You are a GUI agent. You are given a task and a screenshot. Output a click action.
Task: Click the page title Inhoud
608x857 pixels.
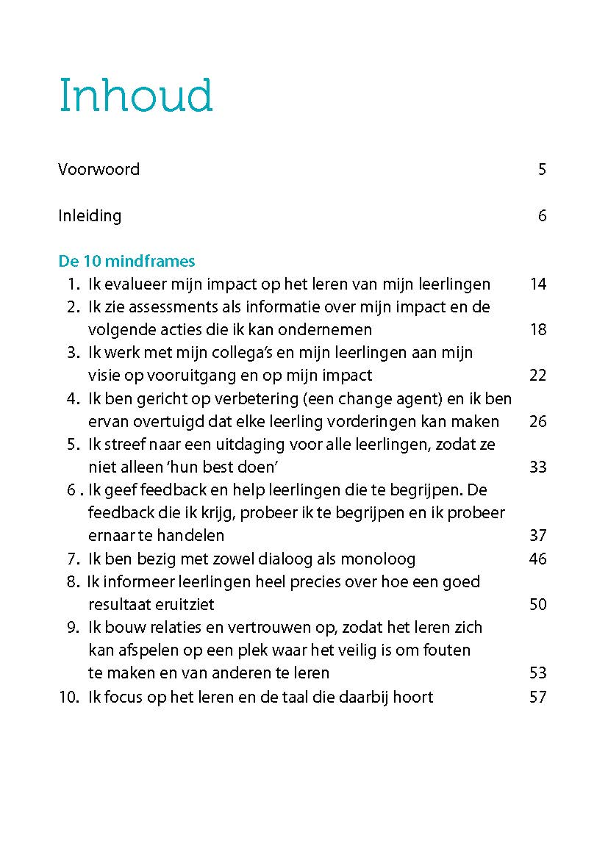pos(136,95)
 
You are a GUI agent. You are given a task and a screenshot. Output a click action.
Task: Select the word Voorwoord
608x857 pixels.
pos(99,170)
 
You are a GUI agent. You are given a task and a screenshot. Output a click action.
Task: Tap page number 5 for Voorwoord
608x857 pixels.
pos(542,170)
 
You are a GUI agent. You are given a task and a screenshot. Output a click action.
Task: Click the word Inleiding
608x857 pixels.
pos(90,216)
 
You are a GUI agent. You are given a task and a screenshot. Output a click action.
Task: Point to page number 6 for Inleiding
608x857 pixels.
pos(542,216)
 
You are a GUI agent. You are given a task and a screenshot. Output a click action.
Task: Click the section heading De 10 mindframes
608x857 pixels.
pos(126,262)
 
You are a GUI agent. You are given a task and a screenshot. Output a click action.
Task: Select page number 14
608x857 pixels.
pos(538,284)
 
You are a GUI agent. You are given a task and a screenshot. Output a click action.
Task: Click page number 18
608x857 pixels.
pos(538,330)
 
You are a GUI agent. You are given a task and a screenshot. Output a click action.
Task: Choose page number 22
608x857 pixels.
pos(538,376)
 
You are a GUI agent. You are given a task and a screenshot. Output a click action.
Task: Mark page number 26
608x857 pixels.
pos(538,422)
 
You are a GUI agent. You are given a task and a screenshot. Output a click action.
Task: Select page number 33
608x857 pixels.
pos(538,467)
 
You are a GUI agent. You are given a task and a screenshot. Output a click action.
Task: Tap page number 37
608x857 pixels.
pos(538,536)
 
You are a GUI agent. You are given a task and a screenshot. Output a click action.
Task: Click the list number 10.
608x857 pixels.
pos(68,697)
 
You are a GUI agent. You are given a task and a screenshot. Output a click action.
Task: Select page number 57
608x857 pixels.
pos(538,697)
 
